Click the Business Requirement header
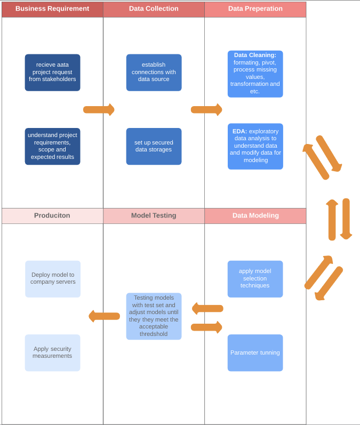pyautogui.click(x=52, y=9)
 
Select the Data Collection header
pyautogui.click(x=154, y=9)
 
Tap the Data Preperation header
pyautogui.click(x=255, y=9)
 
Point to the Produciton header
pyautogui.click(x=52, y=216)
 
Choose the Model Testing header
pyautogui.click(x=154, y=216)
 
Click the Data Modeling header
pyautogui.click(x=255, y=216)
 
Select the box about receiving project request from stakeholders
pyautogui.click(x=52, y=73)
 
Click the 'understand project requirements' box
pyautogui.click(x=52, y=146)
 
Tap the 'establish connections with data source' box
pyautogui.click(x=154, y=73)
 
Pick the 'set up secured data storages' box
pyautogui.click(x=154, y=146)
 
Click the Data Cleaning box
pyautogui.click(x=255, y=74)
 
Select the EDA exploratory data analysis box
pyautogui.click(x=255, y=146)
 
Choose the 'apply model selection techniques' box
pyautogui.click(x=255, y=279)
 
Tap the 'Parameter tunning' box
pyautogui.click(x=255, y=353)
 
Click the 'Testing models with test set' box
pyautogui.click(x=154, y=316)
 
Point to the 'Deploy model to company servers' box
pyautogui.click(x=52, y=279)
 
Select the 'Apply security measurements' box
pyautogui.click(x=52, y=353)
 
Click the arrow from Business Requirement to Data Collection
pyautogui.click(x=99, y=110)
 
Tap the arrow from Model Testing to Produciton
pyautogui.click(x=104, y=316)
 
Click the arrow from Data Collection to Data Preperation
pyautogui.click(x=206, y=110)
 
